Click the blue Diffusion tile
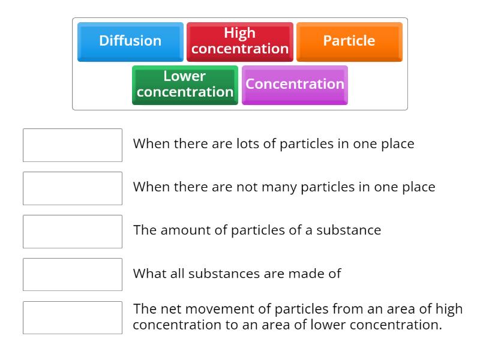[130, 41]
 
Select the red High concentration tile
[240, 41]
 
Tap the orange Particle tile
[349, 41]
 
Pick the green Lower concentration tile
[185, 85]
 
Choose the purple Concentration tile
[295, 85]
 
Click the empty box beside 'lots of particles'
[73, 145]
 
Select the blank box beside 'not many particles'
[73, 188]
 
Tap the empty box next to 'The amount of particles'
[73, 232]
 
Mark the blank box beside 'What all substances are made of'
[73, 275]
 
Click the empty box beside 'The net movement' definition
[73, 318]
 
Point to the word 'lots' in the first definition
[239, 144]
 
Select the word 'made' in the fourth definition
[307, 274]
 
